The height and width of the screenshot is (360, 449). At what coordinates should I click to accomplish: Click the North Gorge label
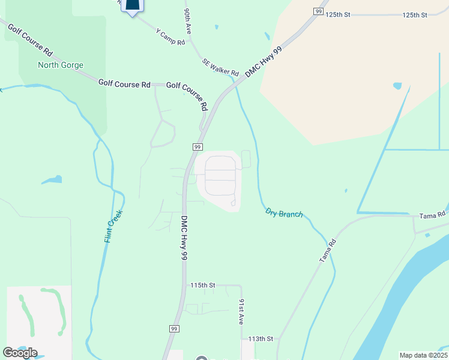[61, 65]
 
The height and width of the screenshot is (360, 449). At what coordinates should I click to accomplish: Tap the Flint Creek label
[114, 226]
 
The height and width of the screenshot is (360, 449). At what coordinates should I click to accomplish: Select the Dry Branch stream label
[285, 213]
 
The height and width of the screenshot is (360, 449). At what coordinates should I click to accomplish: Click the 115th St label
[202, 285]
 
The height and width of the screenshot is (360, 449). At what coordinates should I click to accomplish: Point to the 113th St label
[261, 339]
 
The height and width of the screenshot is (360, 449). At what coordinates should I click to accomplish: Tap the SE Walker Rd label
[220, 66]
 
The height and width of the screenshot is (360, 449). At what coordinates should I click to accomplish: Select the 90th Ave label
[188, 20]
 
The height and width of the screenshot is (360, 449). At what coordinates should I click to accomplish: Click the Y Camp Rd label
[170, 35]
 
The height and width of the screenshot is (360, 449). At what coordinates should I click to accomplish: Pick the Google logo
[19, 353]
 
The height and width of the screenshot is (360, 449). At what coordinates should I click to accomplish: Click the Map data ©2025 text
[423, 355]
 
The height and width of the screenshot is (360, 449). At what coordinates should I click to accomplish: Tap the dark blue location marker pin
[133, 6]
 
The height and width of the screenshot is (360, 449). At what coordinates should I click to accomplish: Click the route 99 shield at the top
[318, 11]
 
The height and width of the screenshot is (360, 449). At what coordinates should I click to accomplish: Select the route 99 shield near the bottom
[173, 329]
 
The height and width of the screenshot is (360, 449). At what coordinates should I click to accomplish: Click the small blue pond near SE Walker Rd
[397, 86]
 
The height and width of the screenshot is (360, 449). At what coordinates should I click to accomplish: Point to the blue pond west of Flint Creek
[52, 179]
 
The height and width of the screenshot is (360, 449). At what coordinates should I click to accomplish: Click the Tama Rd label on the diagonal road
[327, 250]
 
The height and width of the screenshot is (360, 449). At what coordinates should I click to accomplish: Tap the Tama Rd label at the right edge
[432, 215]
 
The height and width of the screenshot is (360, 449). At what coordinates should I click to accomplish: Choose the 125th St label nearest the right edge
[414, 14]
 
